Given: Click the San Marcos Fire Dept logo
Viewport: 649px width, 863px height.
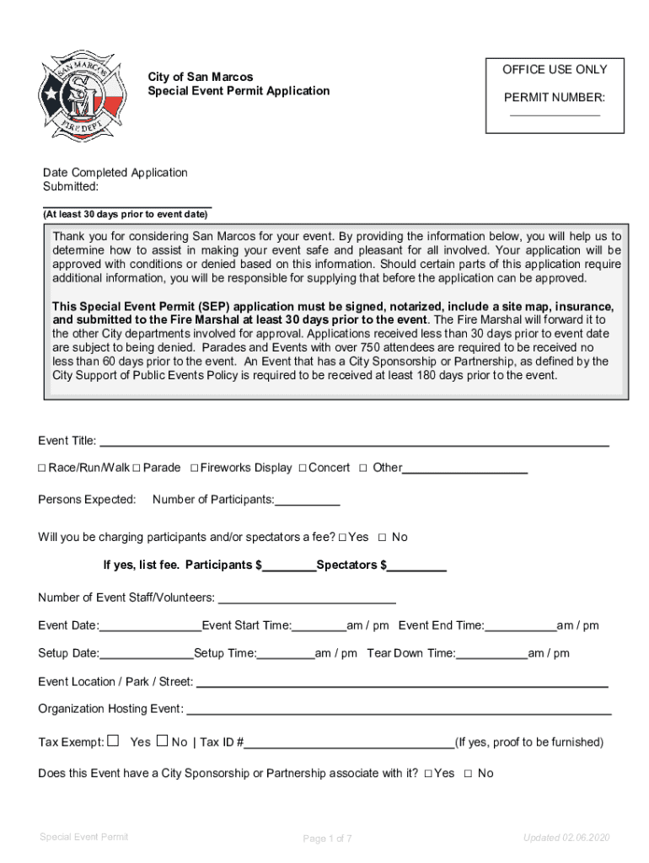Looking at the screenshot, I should click(x=83, y=95).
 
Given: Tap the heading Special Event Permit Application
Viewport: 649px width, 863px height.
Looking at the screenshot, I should click(x=239, y=91).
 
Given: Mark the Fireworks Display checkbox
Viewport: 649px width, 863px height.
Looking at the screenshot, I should click(x=194, y=468).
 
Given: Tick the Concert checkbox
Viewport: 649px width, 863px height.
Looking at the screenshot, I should click(x=302, y=468).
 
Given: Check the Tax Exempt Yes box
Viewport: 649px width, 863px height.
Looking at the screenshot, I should click(x=114, y=742).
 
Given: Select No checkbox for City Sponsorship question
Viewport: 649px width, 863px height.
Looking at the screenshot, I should click(x=468, y=774).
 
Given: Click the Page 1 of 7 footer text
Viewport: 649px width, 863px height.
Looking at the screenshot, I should click(x=327, y=839).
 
